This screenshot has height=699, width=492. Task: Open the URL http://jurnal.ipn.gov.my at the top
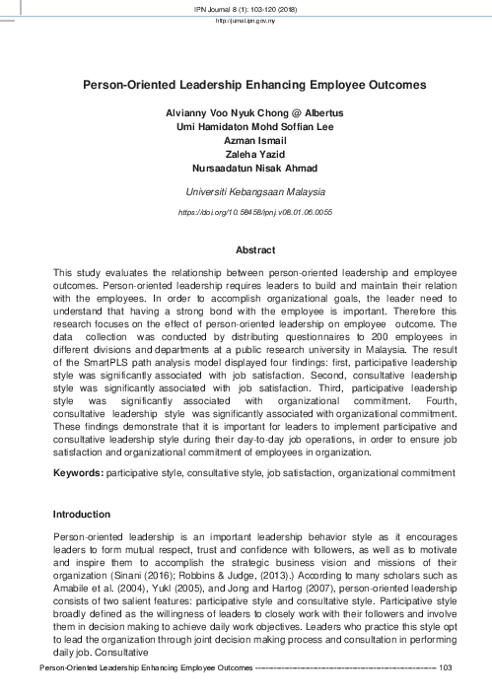click(x=246, y=20)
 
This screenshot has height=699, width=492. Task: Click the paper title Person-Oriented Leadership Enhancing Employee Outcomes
click(x=246, y=86)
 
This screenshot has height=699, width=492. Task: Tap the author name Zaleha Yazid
click(x=246, y=156)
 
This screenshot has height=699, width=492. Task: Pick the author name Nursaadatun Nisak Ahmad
click(x=246, y=170)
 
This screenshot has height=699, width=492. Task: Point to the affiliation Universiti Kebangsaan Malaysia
click(x=246, y=193)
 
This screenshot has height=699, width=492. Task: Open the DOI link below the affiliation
click(x=246, y=212)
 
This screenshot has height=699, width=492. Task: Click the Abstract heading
click(x=246, y=250)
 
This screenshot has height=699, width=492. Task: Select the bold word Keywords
click(x=77, y=473)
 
